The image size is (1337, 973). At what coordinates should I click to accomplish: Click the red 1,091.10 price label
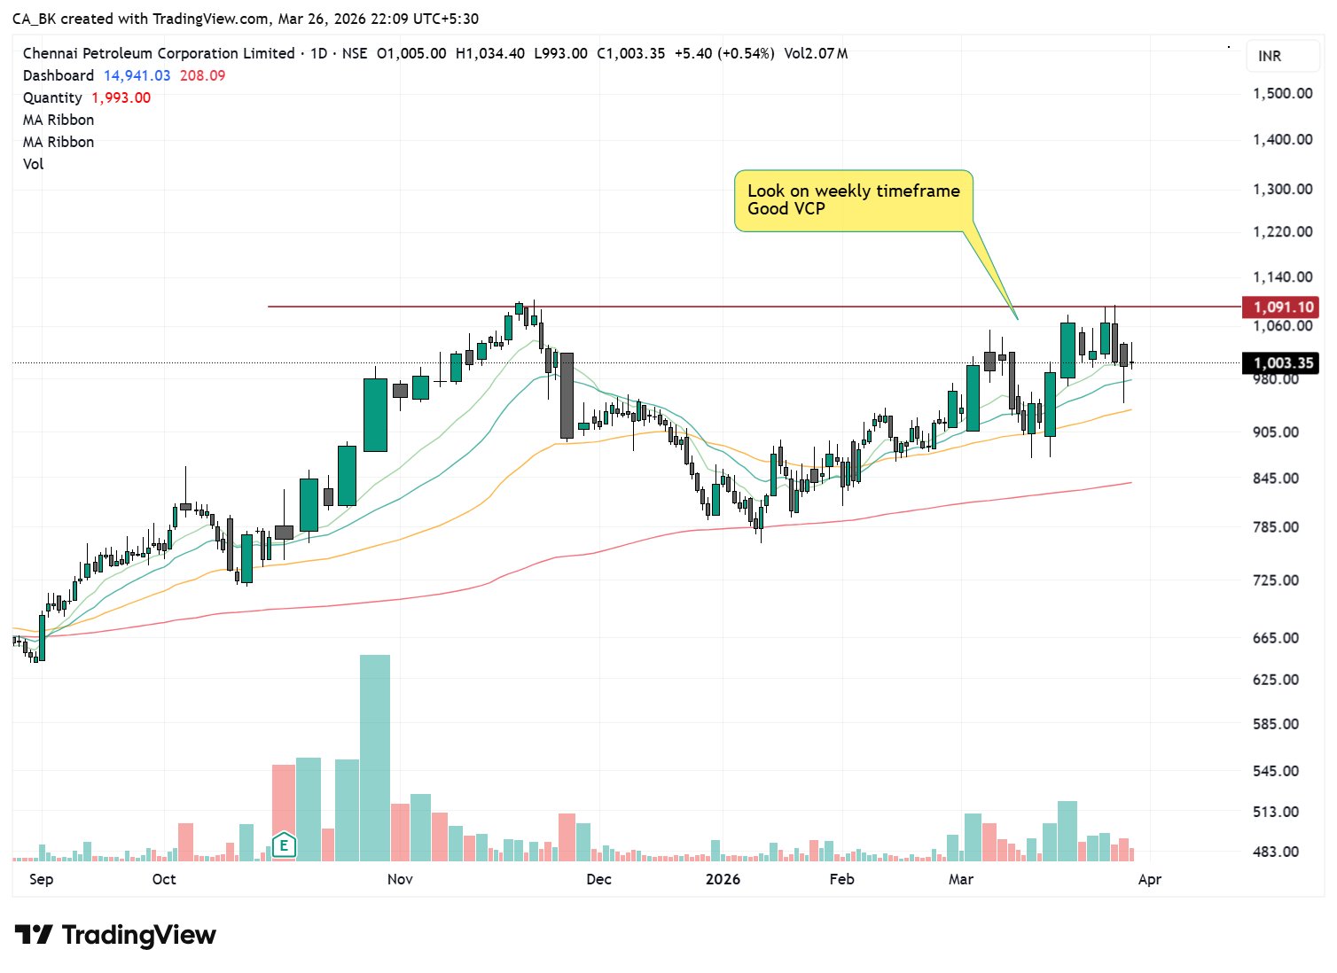click(x=1281, y=307)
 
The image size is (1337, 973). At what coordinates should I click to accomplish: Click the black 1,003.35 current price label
click(x=1281, y=363)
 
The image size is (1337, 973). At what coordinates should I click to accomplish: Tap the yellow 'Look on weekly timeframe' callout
click(x=853, y=200)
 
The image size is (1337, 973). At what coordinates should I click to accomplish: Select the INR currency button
click(x=1270, y=56)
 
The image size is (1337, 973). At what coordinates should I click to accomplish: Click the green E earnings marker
click(x=284, y=845)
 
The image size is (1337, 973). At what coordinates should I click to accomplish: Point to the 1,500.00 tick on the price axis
click(x=1282, y=94)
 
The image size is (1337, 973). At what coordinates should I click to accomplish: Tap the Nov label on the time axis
click(x=400, y=879)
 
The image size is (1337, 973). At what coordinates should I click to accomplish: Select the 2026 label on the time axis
click(x=723, y=879)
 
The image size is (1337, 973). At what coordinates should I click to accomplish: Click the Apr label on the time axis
click(x=1149, y=879)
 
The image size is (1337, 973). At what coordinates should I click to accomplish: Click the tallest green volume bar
click(x=374, y=758)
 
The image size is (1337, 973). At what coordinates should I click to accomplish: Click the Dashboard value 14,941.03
click(x=137, y=75)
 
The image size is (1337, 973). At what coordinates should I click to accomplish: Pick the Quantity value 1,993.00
click(x=121, y=97)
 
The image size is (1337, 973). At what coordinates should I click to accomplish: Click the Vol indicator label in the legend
click(x=33, y=164)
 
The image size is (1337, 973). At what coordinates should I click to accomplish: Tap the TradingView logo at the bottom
click(x=115, y=935)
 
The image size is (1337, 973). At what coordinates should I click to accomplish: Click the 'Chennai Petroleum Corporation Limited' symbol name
click(x=159, y=53)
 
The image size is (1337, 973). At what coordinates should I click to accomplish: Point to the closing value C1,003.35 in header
click(x=630, y=53)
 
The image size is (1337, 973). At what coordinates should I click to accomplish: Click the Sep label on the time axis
click(x=41, y=879)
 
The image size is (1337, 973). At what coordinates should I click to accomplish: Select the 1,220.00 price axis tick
click(x=1282, y=232)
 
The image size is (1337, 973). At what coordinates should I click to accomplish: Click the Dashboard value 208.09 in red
click(x=202, y=75)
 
